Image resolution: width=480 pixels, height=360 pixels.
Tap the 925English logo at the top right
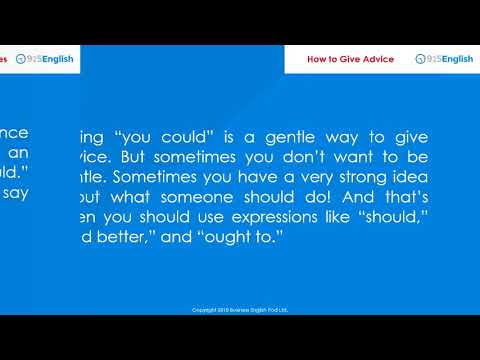(x=444, y=59)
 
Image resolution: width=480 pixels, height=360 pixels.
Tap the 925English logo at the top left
(x=45, y=59)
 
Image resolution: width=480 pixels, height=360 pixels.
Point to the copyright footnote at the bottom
(x=240, y=310)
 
